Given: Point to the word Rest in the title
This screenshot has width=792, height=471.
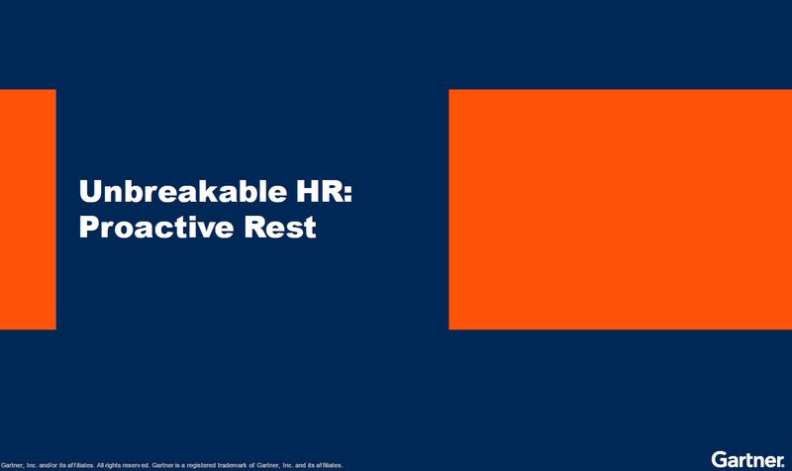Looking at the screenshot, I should (x=281, y=228).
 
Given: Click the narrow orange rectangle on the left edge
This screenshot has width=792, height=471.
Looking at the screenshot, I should (x=28, y=209).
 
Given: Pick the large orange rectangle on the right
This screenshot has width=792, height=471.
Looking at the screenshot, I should (x=620, y=209).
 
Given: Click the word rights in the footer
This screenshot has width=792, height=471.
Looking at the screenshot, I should (x=109, y=464).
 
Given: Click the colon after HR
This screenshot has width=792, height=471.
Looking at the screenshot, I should (x=346, y=193).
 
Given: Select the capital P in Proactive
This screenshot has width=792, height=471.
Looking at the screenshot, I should (x=88, y=228).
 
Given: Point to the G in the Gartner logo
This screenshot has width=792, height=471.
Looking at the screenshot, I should (x=717, y=459).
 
